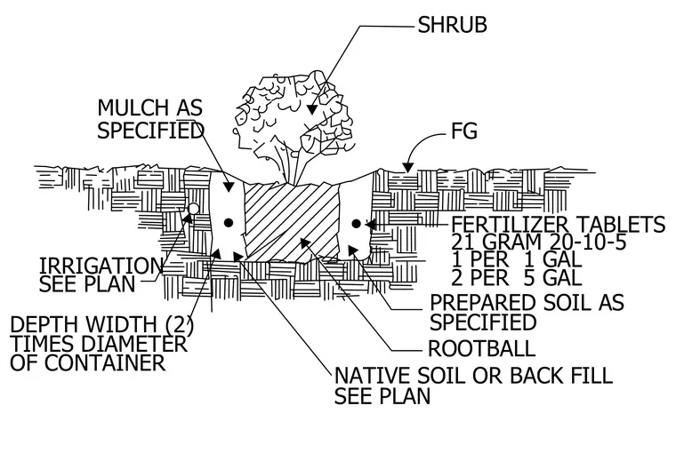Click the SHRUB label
tap(452, 25)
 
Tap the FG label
tap(464, 131)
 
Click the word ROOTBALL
tap(481, 348)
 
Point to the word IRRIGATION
tap(101, 266)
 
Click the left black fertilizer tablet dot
tap(229, 223)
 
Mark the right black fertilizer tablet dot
tap(356, 224)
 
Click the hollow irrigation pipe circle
tap(194, 209)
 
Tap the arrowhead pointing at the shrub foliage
tap(311, 109)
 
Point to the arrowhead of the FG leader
tap(407, 168)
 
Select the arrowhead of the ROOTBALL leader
tap(305, 242)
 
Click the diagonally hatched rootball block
tap(292, 221)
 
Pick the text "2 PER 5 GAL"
tap(517, 278)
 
